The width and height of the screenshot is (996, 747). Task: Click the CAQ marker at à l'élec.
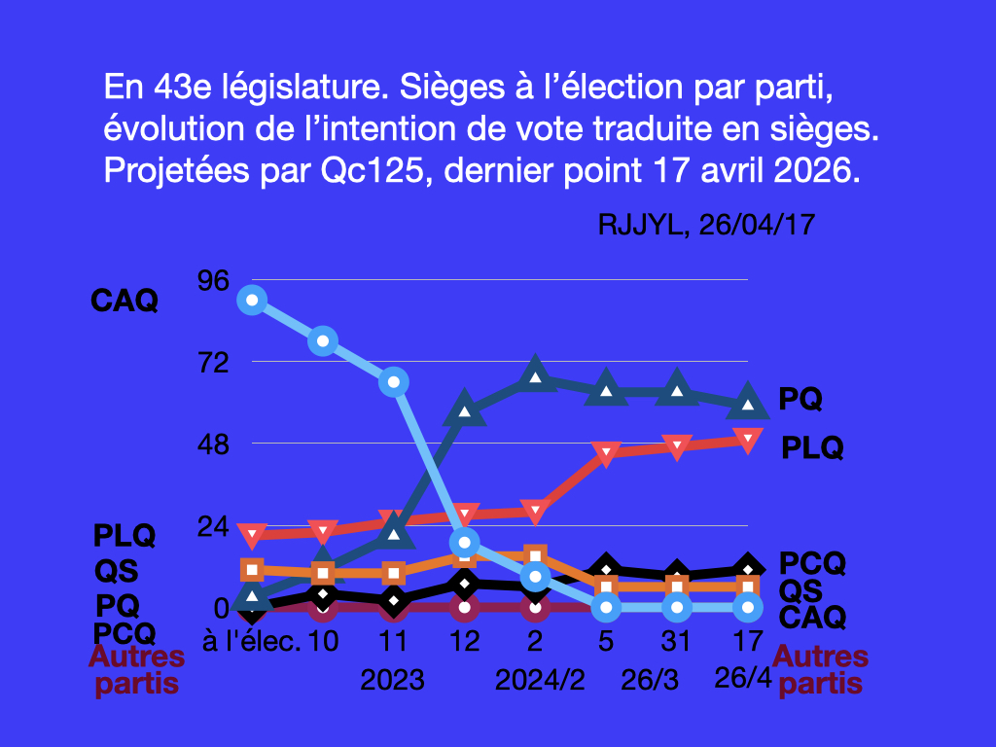[253, 300]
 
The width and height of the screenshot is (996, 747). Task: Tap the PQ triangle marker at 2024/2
[536, 375]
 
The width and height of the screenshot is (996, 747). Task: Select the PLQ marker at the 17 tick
[747, 441]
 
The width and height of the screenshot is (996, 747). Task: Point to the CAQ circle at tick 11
[394, 381]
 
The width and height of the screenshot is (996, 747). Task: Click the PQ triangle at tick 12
[465, 409]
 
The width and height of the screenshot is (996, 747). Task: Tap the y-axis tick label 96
[213, 280]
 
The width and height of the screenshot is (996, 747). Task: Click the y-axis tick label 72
[213, 363]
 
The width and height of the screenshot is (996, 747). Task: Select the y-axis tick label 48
[213, 445]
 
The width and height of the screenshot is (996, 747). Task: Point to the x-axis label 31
[677, 642]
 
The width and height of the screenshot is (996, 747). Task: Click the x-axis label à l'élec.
[252, 642]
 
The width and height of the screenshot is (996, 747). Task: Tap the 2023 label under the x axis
[393, 679]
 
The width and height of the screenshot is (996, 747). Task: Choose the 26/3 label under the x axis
[650, 679]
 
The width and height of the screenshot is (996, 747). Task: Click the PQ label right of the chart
[800, 399]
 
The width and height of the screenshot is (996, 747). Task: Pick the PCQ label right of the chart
[813, 563]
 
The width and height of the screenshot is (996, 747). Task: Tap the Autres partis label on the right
[820, 670]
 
